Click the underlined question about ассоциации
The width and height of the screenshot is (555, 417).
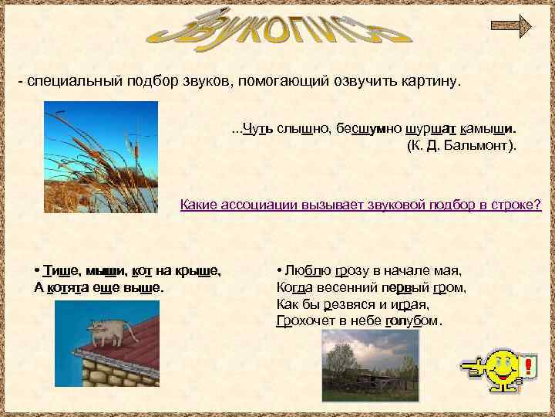coord(360,206)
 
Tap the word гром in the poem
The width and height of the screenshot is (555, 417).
coord(450,287)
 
